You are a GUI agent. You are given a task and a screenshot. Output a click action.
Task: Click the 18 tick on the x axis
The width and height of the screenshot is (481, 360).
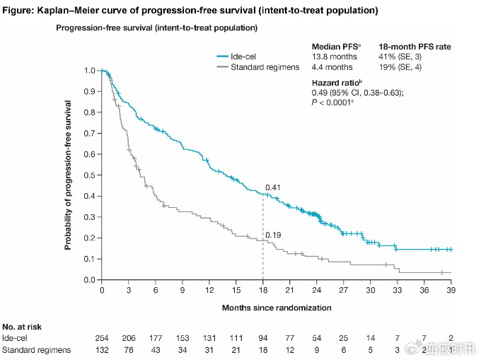[263, 291]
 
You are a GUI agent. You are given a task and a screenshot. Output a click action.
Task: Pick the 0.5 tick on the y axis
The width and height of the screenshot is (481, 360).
[89, 175]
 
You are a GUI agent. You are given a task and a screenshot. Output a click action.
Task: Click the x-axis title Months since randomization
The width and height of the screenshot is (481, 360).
[276, 308]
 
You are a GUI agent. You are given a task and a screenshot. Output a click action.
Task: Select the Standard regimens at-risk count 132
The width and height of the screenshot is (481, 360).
[102, 350]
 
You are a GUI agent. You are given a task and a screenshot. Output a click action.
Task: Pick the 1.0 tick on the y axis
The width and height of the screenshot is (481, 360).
[89, 71]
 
